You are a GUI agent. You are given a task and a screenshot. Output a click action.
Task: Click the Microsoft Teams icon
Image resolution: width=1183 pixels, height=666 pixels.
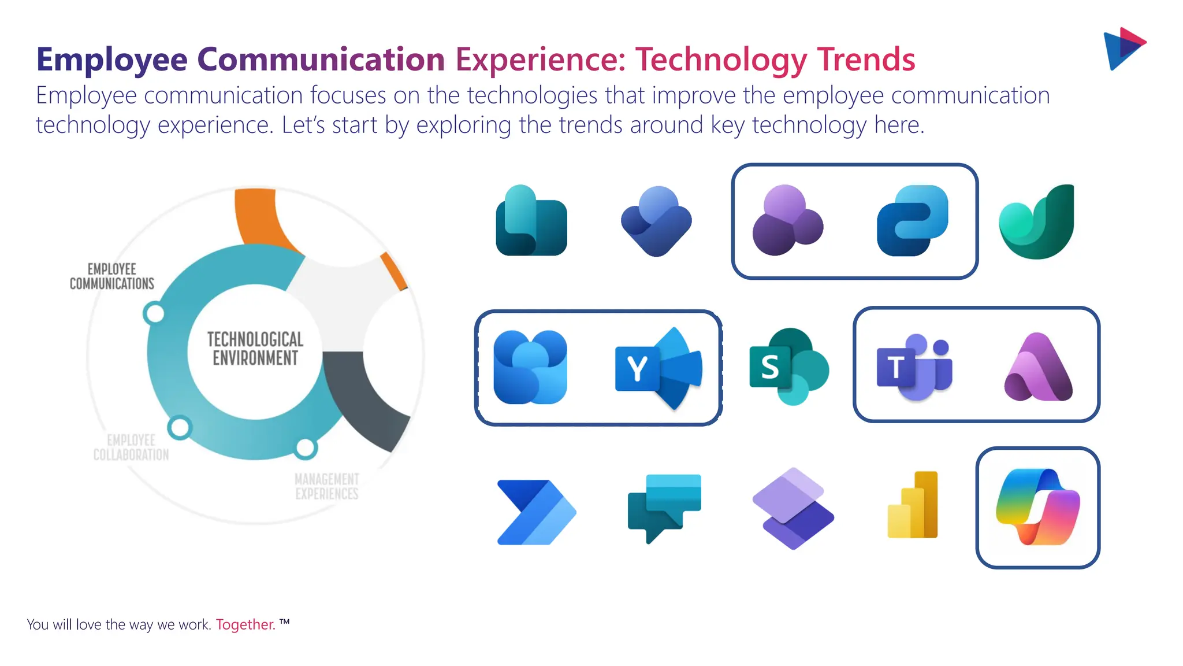[x=914, y=367]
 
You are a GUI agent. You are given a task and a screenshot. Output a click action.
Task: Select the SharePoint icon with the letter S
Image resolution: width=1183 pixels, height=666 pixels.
[x=788, y=367]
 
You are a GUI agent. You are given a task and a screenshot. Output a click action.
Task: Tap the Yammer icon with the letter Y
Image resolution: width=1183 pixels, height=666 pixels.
[x=659, y=368]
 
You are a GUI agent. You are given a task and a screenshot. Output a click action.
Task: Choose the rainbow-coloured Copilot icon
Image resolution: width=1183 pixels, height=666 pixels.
[x=1037, y=507]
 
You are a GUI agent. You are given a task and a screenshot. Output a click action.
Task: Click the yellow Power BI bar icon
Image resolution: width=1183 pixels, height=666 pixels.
[x=913, y=505]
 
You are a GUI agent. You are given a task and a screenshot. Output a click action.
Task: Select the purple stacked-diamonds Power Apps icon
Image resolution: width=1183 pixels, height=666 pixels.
[x=793, y=508]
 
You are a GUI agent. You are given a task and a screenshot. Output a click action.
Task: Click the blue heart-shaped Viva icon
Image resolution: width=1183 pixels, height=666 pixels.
[x=657, y=221]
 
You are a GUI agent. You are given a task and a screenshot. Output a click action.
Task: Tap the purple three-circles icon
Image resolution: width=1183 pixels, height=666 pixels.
[x=787, y=220]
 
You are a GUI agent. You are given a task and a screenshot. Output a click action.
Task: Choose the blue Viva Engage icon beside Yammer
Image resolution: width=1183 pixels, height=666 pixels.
[x=530, y=367]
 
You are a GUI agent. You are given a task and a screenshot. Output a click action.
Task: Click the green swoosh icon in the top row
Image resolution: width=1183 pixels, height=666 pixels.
[x=1037, y=222]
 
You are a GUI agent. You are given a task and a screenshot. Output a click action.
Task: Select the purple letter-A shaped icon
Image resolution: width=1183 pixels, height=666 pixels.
[x=1038, y=368]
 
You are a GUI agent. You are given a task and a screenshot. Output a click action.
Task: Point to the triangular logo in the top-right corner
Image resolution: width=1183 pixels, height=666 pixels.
[x=1124, y=49]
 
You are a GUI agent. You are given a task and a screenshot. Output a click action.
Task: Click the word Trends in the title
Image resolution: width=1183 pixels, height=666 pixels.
[x=866, y=59]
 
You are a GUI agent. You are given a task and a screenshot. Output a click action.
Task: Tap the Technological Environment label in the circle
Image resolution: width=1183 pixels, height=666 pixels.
[x=255, y=349]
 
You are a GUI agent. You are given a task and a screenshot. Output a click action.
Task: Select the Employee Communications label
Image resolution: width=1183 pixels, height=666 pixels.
[x=112, y=276]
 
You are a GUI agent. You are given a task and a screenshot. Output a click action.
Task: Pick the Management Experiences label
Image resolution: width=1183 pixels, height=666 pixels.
[x=327, y=486]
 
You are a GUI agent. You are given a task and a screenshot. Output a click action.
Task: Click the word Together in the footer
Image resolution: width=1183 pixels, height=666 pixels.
[x=245, y=624]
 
